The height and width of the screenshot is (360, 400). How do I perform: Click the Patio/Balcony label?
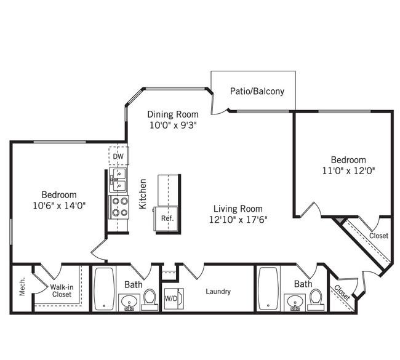[257, 91]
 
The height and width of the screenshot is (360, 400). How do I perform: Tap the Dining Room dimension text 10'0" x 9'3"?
[173, 125]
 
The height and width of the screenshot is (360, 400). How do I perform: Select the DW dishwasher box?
[119, 156]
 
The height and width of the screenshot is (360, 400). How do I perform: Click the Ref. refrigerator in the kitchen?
[167, 218]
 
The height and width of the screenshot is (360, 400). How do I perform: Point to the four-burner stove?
[119, 207]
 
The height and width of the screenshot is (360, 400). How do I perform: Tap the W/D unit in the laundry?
[174, 298]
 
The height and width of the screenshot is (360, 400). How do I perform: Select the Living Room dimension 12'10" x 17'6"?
[238, 220]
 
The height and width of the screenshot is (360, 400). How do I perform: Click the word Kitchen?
[143, 194]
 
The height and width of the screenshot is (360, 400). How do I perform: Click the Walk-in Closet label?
[62, 290]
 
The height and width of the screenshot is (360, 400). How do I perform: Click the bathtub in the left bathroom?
[104, 289]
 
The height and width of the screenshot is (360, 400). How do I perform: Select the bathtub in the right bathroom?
[268, 289]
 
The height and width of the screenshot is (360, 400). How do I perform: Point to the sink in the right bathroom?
[295, 303]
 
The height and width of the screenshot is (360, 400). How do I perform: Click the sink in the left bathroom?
[129, 303]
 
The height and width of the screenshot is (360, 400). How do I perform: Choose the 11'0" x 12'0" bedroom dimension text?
[348, 170]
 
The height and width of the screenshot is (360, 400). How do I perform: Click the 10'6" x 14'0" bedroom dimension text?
[59, 206]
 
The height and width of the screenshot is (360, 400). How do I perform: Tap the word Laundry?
[218, 291]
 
